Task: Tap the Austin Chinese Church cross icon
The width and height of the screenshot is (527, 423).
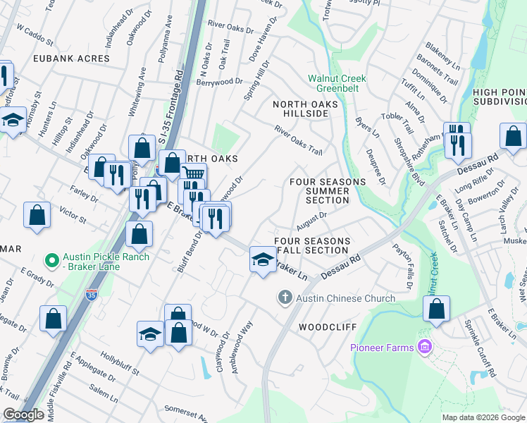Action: click(x=285, y=298)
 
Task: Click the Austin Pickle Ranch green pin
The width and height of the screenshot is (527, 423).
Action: click(x=51, y=262)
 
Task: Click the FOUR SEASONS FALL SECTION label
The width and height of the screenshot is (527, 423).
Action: click(x=312, y=246)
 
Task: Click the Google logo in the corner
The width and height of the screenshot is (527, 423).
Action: click(x=23, y=415)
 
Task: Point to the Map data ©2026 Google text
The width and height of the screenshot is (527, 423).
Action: click(x=483, y=417)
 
